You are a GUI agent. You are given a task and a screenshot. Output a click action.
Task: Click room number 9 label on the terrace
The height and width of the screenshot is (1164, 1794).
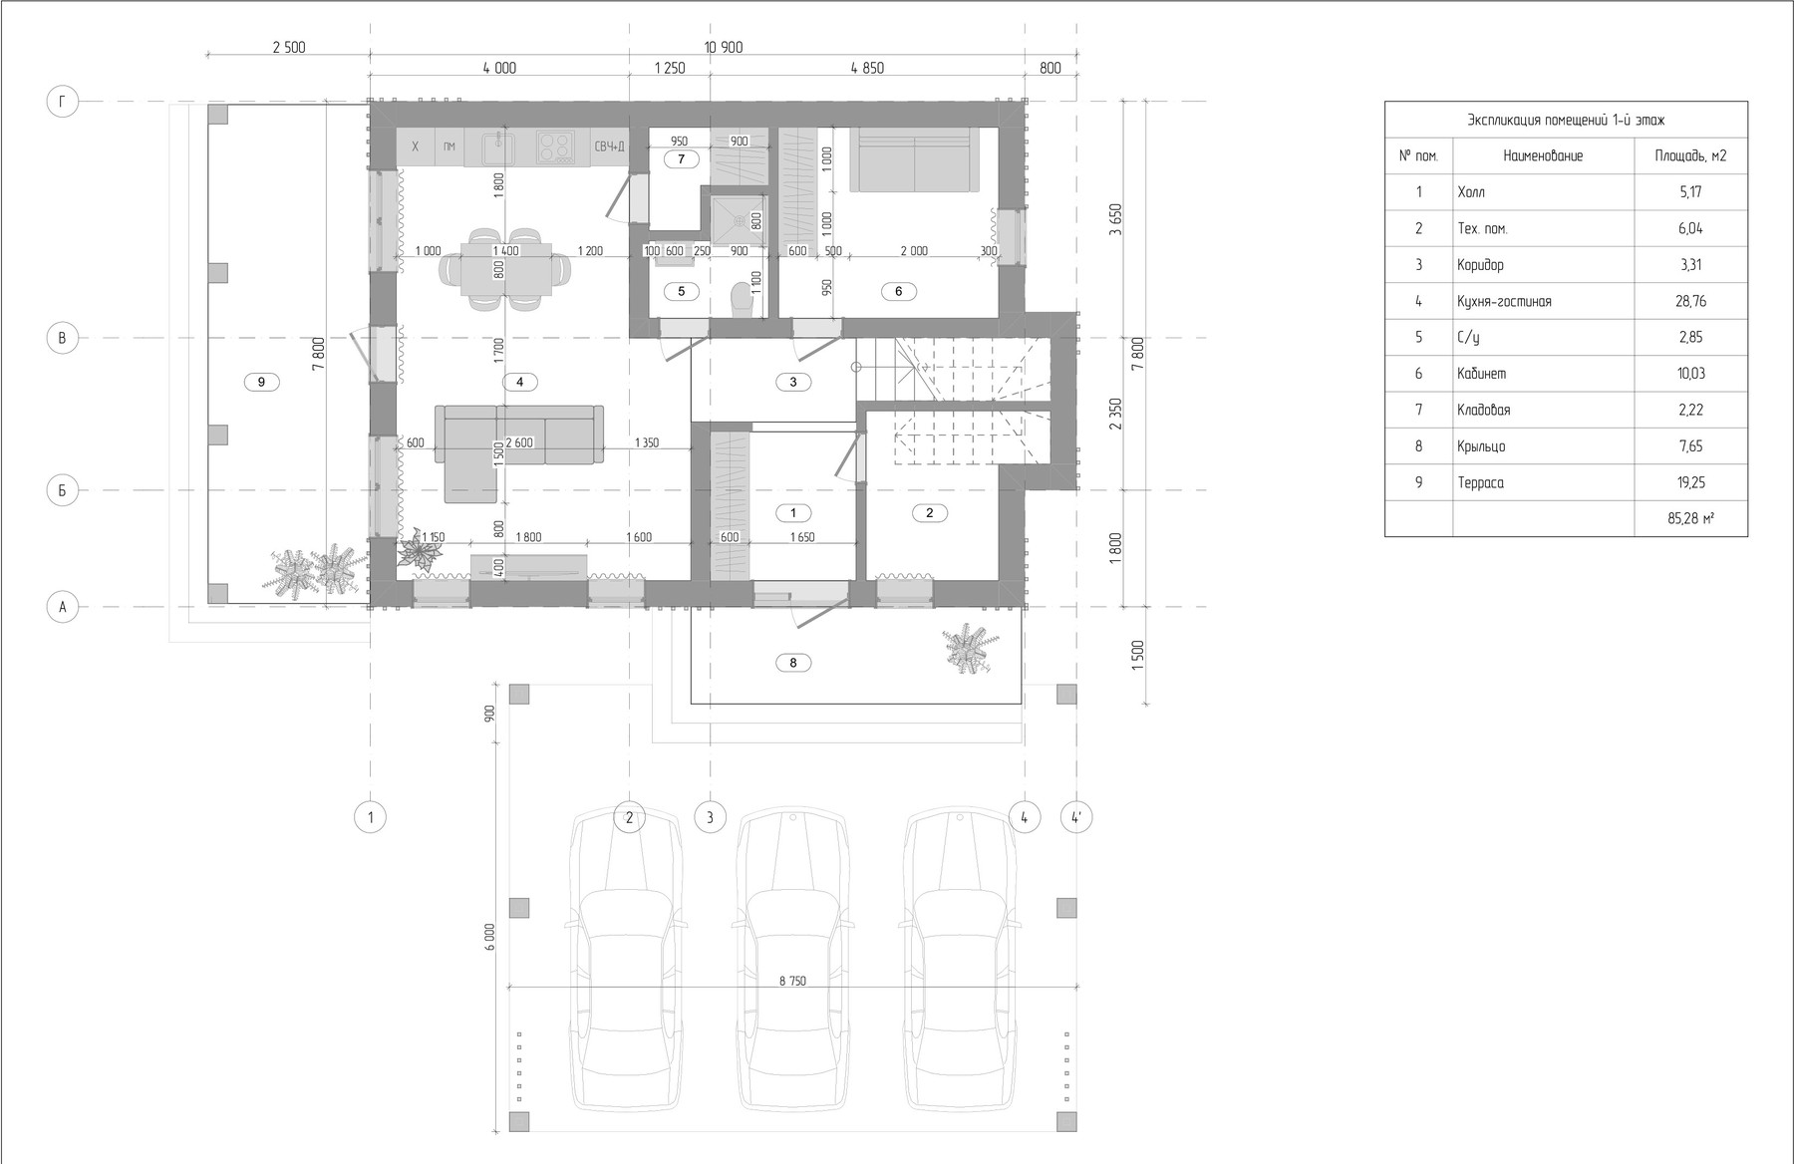point(261,382)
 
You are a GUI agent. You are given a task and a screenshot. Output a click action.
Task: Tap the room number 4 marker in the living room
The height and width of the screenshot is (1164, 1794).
point(520,382)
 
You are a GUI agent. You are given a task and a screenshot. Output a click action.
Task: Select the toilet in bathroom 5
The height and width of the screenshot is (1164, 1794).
point(741,298)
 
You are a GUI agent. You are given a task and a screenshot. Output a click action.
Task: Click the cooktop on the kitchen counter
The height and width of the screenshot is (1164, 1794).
point(555,147)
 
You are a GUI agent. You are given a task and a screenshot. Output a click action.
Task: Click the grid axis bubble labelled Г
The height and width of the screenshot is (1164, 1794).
point(62,101)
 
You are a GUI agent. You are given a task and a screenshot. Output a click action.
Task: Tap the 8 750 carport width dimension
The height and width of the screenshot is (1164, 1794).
point(792,981)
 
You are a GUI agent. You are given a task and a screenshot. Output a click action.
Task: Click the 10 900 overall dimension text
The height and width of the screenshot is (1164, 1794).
point(724,48)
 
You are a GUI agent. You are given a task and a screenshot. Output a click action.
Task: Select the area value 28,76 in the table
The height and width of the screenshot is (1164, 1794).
point(1690,301)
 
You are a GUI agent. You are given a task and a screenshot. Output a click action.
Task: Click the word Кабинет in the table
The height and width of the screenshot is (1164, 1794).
point(1482,374)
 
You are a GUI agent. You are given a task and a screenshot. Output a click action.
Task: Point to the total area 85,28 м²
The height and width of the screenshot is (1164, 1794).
point(1690,518)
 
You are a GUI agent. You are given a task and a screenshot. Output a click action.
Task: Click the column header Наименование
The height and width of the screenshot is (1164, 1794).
point(1543,155)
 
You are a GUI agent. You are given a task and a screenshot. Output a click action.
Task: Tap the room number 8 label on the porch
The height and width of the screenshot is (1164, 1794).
point(793,662)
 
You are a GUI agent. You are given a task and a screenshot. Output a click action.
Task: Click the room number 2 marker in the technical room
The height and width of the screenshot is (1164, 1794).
point(930,512)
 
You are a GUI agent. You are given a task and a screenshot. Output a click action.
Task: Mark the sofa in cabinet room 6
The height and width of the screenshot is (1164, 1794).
point(913,159)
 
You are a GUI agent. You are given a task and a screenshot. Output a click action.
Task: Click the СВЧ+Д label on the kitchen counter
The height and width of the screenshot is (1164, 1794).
point(609,147)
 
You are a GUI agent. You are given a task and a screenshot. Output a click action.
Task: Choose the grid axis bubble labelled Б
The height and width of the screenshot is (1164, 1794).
point(62,490)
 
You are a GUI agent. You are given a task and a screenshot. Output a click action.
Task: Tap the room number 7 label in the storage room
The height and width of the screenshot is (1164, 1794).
point(681,159)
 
